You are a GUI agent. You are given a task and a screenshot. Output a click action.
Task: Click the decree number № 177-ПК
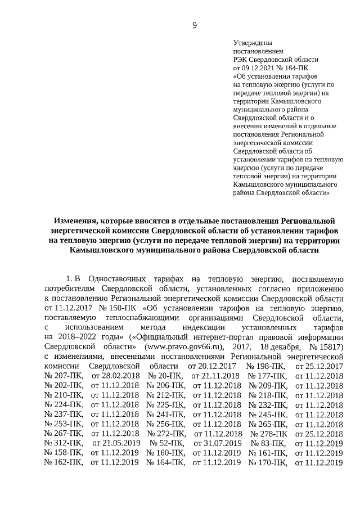[268, 375]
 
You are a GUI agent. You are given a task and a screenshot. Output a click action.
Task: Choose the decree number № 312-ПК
[63, 443]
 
